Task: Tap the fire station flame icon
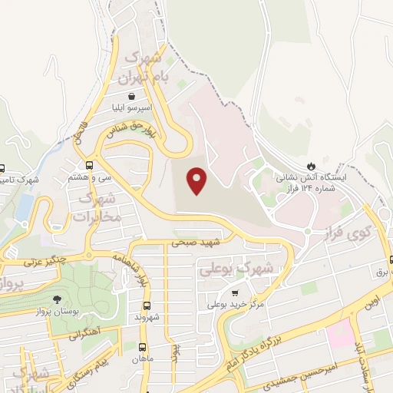click(x=311, y=166)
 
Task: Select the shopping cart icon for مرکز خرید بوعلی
click(x=234, y=293)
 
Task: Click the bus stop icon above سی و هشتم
click(x=90, y=165)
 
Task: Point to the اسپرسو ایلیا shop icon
click(x=134, y=97)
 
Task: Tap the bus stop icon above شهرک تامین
click(x=2, y=169)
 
